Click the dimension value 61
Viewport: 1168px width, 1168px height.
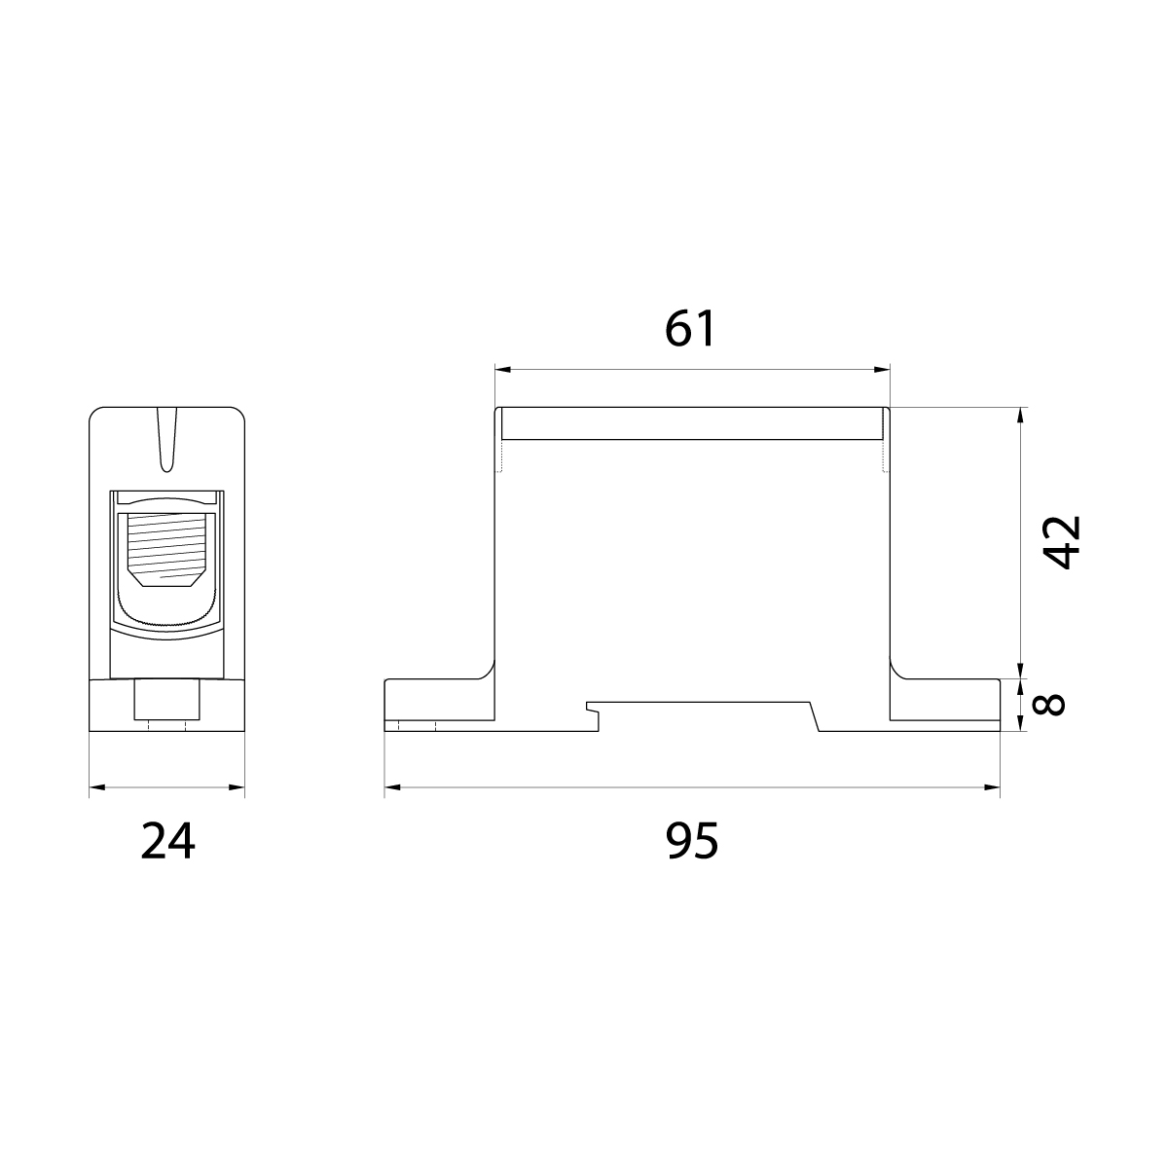click(691, 329)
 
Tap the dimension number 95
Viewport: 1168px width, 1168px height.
click(692, 840)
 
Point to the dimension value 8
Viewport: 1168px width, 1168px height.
click(1048, 704)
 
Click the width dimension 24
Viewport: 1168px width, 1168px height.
click(167, 841)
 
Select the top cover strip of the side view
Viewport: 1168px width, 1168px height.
click(692, 423)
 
